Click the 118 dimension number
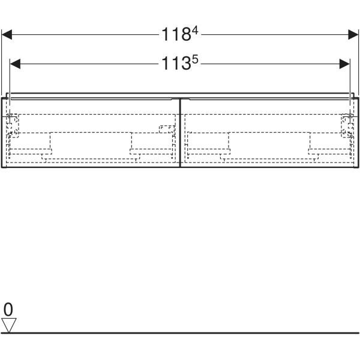(x=176, y=34)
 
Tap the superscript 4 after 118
(x=195, y=30)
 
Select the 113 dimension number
(x=176, y=64)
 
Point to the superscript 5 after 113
(x=195, y=59)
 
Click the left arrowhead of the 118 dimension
(x=7, y=34)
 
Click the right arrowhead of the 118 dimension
(x=353, y=34)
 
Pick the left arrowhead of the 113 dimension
(x=15, y=64)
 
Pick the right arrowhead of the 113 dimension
(x=344, y=64)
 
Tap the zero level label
(x=8, y=309)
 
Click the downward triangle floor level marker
(x=9, y=325)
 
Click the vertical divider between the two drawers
(x=180, y=133)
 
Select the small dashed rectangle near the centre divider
(x=167, y=129)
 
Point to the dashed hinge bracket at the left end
(x=12, y=126)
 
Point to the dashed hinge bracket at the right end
(x=347, y=126)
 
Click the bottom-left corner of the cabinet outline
(x=2, y=167)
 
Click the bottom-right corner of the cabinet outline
(x=358, y=167)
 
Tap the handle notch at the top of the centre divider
(x=181, y=99)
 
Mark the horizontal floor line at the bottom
(x=180, y=333)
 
